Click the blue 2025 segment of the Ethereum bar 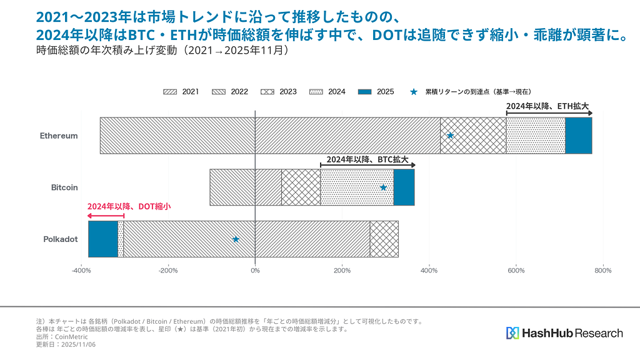(x=578, y=136)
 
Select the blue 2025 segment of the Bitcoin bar (x=404, y=187)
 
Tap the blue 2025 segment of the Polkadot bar (x=102, y=239)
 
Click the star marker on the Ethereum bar (x=450, y=136)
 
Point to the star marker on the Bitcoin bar (x=383, y=187)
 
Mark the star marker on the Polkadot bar (x=236, y=239)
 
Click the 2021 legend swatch (x=171, y=92)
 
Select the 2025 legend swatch (x=365, y=92)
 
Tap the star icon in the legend (x=414, y=92)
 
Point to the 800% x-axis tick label (x=602, y=271)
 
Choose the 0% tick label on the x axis (x=255, y=271)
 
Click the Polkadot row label (x=60, y=239)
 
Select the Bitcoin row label (x=64, y=187)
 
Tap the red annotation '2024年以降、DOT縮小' (x=129, y=206)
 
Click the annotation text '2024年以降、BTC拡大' (x=367, y=159)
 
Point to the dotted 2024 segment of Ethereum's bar (x=536, y=136)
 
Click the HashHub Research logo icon (x=512, y=333)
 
